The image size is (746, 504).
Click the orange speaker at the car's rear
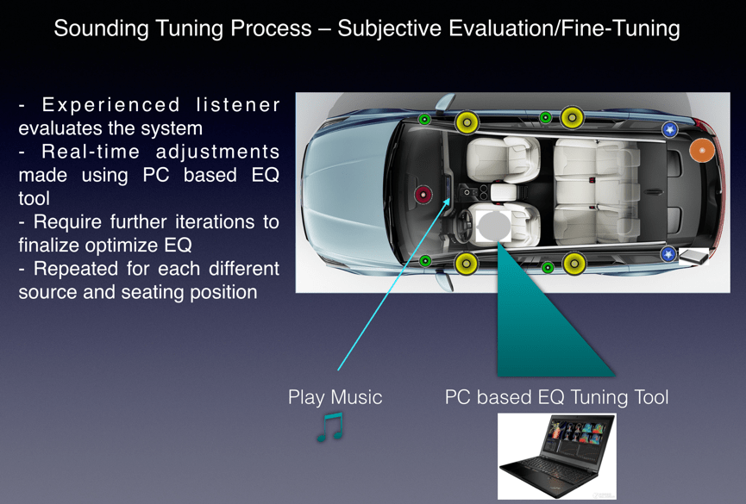click(702, 150)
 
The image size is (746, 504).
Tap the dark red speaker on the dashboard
click(423, 195)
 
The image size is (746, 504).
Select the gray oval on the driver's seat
click(494, 227)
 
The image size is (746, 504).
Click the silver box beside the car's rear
click(693, 256)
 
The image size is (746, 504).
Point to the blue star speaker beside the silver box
click(668, 254)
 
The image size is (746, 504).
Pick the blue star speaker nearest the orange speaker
click(670, 129)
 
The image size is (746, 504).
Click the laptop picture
click(556, 457)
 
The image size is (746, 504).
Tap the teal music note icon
click(330, 426)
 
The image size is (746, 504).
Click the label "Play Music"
click(335, 397)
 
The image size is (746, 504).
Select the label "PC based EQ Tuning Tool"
click(556, 397)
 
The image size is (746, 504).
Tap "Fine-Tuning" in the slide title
click(620, 28)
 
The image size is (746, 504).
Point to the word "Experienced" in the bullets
click(111, 105)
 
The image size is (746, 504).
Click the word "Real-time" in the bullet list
click(91, 152)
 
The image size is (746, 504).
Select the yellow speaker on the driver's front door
click(467, 263)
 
